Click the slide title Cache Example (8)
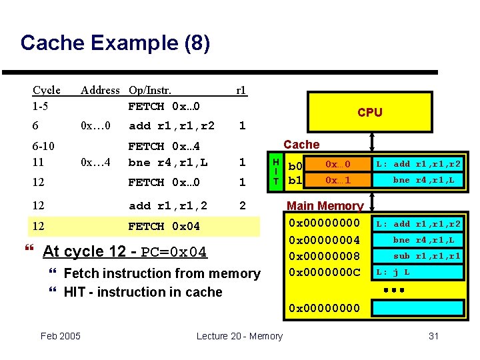[x=115, y=43]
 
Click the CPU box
[x=369, y=112]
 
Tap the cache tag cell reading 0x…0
[x=337, y=164]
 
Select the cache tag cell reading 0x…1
[x=337, y=180]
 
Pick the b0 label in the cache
[x=295, y=165]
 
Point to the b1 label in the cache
[x=295, y=181]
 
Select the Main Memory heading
[x=325, y=206]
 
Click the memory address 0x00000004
[x=323, y=240]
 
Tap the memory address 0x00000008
[x=323, y=256]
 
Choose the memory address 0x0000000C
[x=323, y=272]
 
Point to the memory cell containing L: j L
[x=417, y=272]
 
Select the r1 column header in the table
[x=241, y=90]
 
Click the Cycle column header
[x=47, y=90]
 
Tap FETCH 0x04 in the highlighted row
[x=164, y=227]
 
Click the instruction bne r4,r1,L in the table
[x=168, y=162]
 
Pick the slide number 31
[x=433, y=336]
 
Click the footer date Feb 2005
[x=60, y=335]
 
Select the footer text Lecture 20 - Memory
[x=239, y=336]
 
